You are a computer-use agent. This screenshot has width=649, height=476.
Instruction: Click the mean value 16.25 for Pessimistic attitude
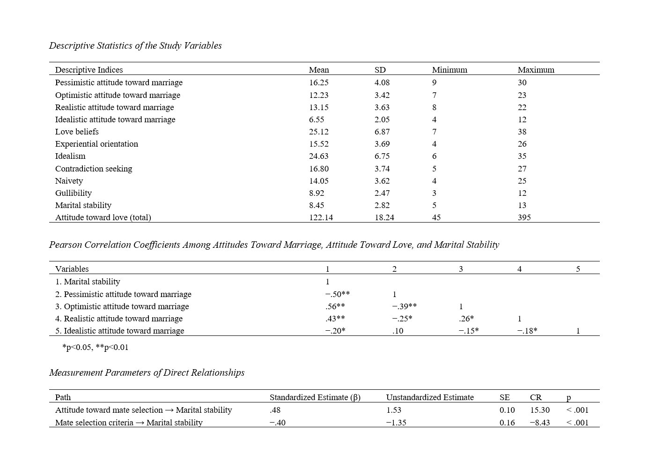(x=318, y=82)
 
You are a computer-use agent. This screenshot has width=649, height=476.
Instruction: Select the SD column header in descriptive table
(x=380, y=70)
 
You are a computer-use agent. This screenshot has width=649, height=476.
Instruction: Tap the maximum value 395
(x=524, y=217)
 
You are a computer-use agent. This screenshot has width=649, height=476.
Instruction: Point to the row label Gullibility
(x=74, y=193)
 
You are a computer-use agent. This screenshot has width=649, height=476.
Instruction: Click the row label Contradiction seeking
(x=94, y=169)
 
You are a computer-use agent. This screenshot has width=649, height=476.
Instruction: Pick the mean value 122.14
(x=321, y=217)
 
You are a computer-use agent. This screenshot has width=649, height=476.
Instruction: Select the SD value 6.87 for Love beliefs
(x=382, y=132)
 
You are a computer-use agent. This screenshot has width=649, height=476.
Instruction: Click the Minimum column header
(x=449, y=70)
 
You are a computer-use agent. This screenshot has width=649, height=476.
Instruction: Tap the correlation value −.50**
(x=337, y=294)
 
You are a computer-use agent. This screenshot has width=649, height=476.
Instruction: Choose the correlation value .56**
(x=335, y=306)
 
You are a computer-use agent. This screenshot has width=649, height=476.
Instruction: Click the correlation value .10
(x=398, y=331)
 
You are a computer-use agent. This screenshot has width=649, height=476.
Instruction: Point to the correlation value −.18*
(x=527, y=331)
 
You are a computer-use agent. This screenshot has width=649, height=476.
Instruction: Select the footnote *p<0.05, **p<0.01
(x=95, y=347)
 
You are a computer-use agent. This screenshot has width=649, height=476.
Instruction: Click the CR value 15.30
(x=539, y=410)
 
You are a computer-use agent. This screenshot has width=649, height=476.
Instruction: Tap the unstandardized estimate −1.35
(x=396, y=423)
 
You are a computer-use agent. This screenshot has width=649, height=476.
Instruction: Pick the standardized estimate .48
(x=275, y=410)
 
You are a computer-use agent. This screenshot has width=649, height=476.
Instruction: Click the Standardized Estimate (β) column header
(x=315, y=397)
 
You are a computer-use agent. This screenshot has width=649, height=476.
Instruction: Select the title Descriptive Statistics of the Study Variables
(x=135, y=45)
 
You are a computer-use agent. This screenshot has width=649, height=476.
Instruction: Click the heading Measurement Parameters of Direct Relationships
(x=147, y=372)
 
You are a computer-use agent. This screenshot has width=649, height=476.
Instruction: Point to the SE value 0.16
(x=507, y=423)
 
